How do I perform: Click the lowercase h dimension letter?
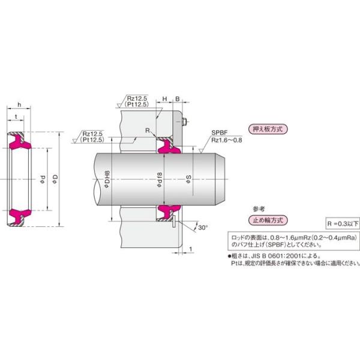[20, 105]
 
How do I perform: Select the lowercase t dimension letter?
[16, 117]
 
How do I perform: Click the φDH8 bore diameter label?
[107, 179]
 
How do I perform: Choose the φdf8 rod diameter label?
[159, 179]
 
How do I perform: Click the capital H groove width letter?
[164, 100]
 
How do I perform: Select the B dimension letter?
[177, 100]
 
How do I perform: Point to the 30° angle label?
[202, 227]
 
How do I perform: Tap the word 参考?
[259, 208]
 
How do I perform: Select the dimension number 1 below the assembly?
[190, 248]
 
